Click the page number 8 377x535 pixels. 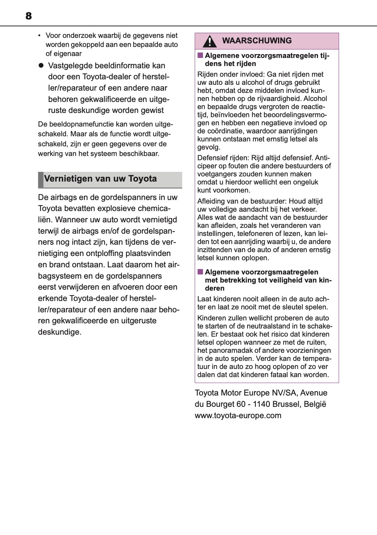point(28,16)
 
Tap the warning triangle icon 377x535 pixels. point(210,41)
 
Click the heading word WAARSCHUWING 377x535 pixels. point(257,41)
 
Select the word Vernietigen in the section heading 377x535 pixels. point(64,179)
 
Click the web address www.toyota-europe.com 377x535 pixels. point(238,415)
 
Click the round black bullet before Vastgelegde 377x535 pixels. point(41,65)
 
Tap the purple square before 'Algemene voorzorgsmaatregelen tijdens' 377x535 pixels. point(200,55)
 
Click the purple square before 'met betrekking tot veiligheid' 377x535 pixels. point(200,272)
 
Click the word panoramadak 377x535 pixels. point(229,351)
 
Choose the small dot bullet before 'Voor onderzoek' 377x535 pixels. point(39,36)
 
